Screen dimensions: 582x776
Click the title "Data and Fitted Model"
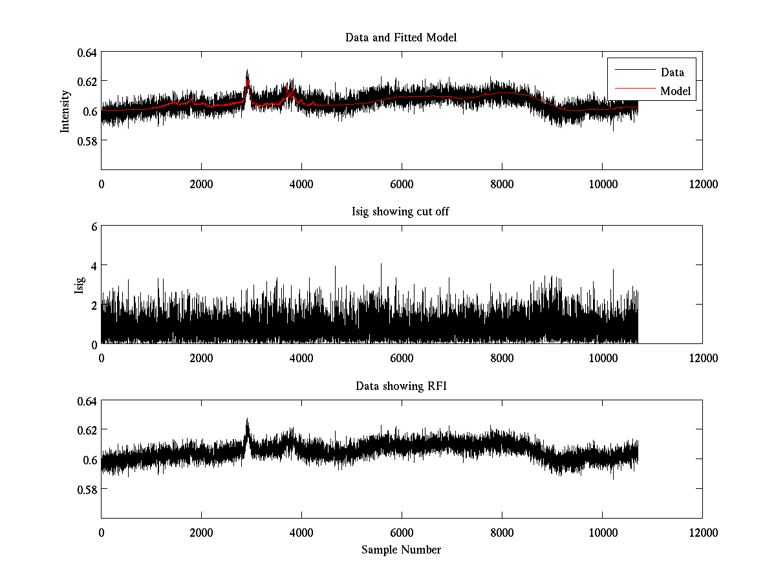pos(401,38)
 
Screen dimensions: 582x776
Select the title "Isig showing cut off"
pos(401,212)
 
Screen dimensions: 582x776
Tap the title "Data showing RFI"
pos(401,387)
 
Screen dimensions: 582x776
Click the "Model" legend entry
pos(676,92)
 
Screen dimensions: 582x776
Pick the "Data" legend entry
pos(672,72)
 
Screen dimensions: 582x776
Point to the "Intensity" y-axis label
pos(65,111)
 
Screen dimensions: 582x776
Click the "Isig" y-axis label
pos(80,285)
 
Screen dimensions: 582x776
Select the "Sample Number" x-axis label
pos(401,550)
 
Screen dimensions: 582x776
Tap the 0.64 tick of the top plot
pos(86,52)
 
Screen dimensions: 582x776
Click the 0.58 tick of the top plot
pos(86,140)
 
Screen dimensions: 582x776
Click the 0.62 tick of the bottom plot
pos(86,431)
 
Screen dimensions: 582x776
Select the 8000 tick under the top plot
pos(502,184)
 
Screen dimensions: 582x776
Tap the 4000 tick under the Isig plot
pos(301,358)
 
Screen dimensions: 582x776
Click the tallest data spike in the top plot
pos(247,71)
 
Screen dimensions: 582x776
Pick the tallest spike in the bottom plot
pos(247,420)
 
